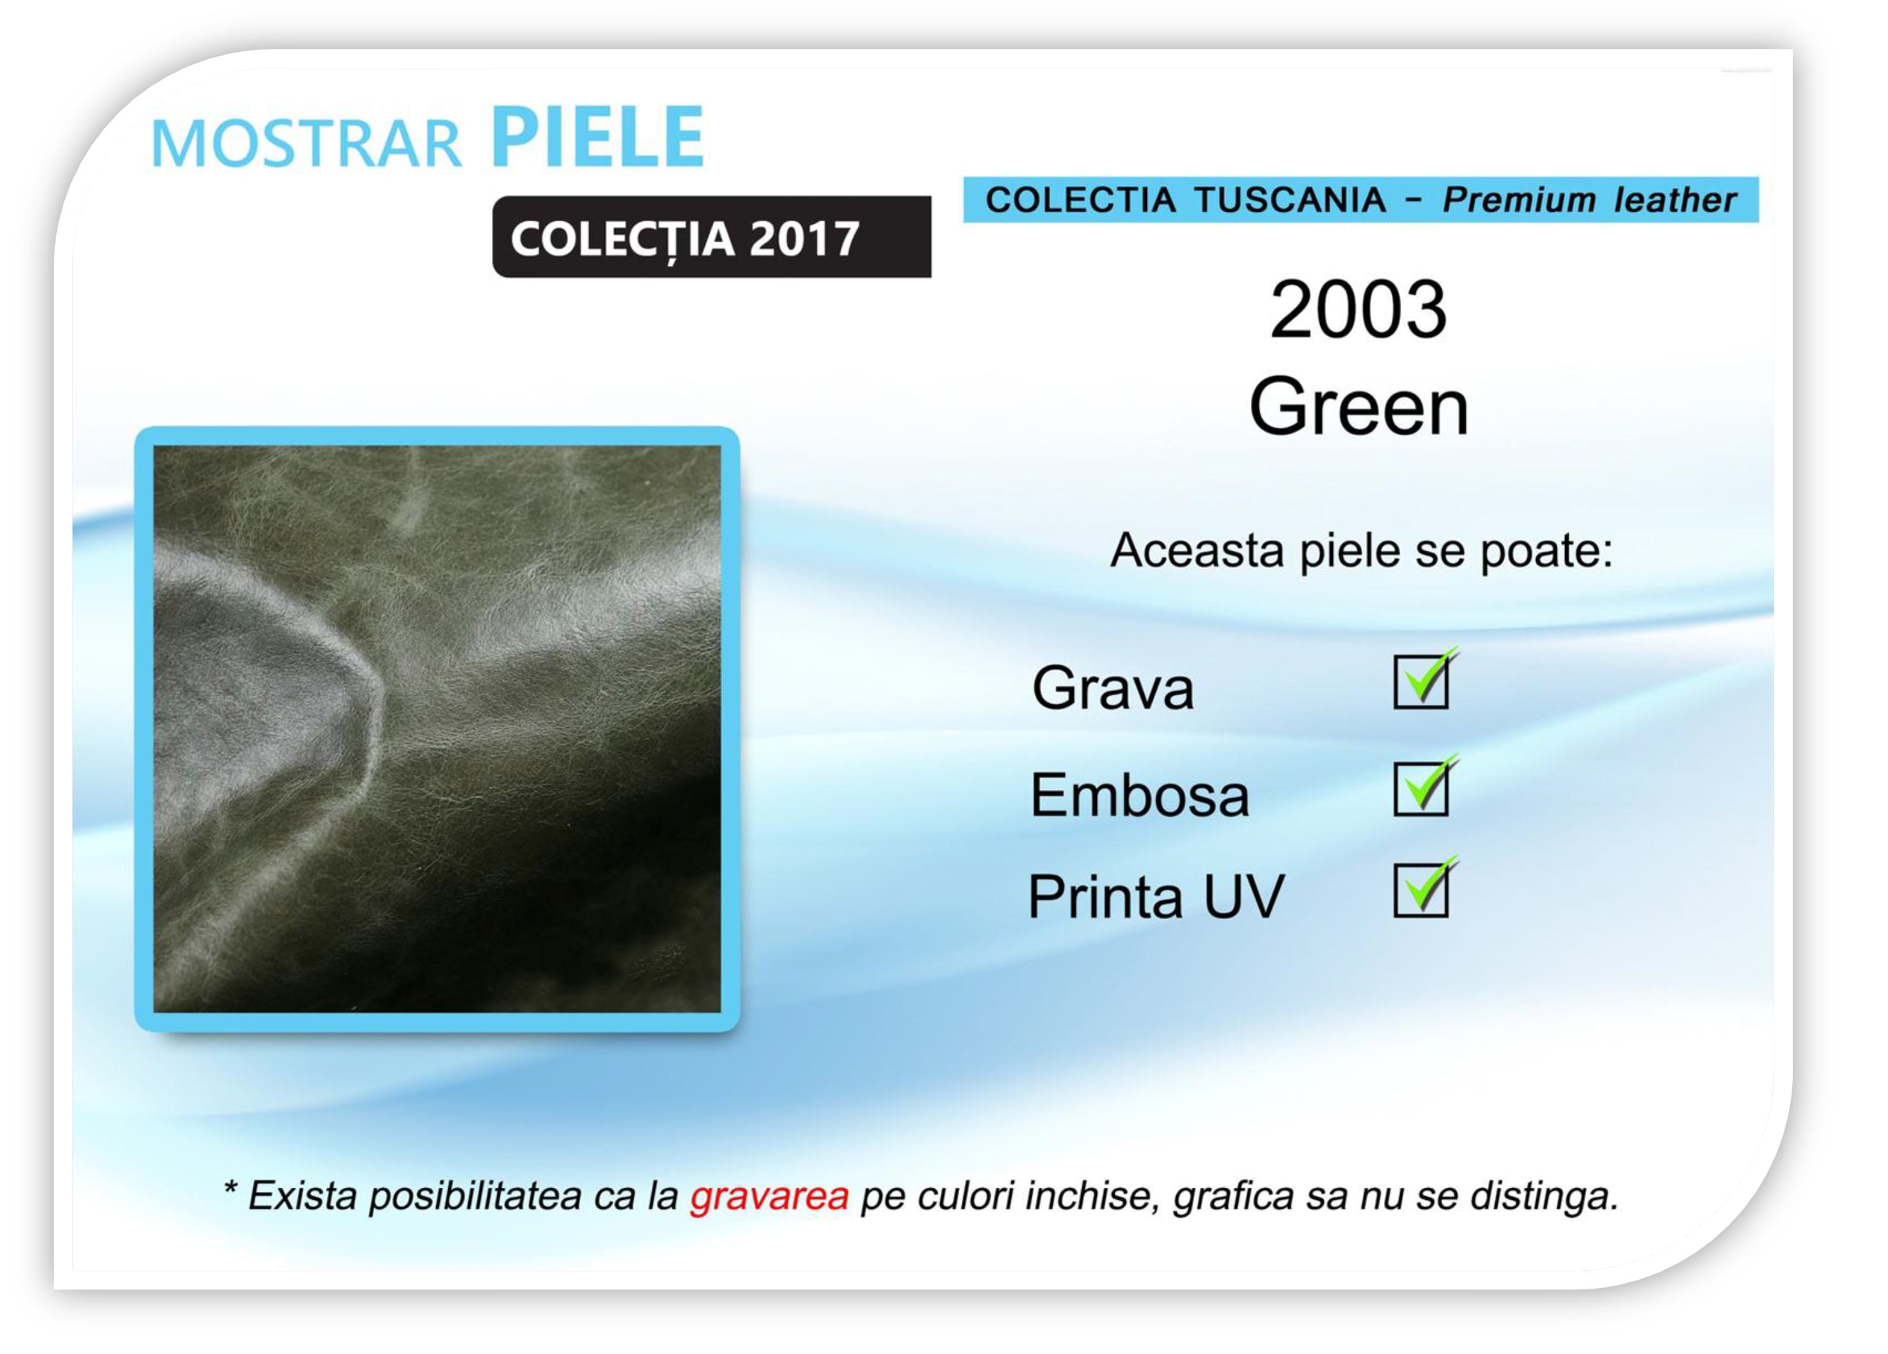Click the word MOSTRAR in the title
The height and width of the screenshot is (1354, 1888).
pos(306,144)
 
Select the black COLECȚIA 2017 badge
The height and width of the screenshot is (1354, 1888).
pos(712,237)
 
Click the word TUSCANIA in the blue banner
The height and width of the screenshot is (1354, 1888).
pos(1290,200)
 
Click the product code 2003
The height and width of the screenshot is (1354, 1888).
pos(1358,309)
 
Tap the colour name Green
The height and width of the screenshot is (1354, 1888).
pos(1358,406)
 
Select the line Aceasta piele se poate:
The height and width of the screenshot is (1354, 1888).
pos(1362,551)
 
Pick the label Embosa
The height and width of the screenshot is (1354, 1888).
pos(1140,794)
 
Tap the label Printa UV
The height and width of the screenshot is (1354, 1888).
pos(1156,896)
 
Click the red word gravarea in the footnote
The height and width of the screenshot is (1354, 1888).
pos(769,1197)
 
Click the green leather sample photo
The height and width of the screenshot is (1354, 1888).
pos(437,730)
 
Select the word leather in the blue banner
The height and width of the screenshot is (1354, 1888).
pos(1675,200)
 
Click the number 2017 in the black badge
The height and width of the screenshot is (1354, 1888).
pos(804,239)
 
